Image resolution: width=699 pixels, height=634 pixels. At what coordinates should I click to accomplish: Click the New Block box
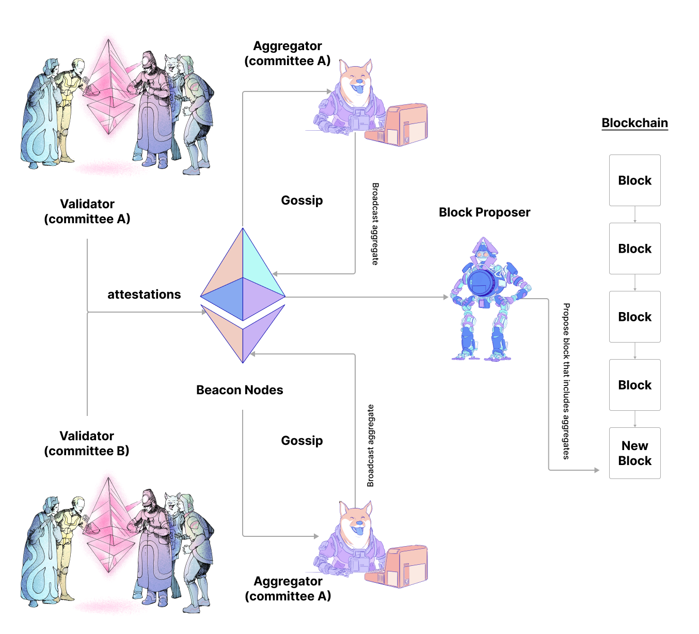tap(634, 453)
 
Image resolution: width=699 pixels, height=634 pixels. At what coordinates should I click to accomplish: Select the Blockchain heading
tap(634, 123)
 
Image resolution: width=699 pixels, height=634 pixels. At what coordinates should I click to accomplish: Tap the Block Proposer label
tap(484, 212)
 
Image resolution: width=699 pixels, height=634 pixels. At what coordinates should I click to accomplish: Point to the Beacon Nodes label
tap(240, 390)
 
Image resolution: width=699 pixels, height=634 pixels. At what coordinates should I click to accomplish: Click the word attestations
tap(144, 295)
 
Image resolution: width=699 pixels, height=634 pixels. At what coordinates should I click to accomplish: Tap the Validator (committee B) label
tap(87, 443)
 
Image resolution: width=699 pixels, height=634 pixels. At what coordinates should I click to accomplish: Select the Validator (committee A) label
tap(87, 211)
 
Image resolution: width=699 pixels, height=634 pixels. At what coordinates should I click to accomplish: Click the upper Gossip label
tap(302, 200)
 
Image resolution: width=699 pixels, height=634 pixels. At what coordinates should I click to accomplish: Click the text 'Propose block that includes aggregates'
tap(567, 381)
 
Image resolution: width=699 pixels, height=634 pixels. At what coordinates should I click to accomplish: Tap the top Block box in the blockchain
tap(634, 180)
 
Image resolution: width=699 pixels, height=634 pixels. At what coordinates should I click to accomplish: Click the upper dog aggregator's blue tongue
tap(358, 90)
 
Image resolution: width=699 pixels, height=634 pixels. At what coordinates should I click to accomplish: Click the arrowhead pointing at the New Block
tap(597, 470)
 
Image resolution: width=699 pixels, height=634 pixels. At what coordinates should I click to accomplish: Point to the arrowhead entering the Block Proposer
tap(446, 297)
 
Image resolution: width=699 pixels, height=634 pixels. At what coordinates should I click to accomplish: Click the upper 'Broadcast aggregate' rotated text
tap(375, 224)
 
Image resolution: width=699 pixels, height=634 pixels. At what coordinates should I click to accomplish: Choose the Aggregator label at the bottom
tap(288, 589)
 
